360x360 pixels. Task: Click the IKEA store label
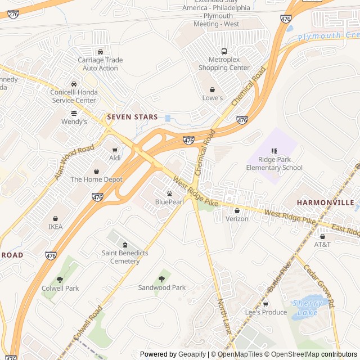[x=56, y=227]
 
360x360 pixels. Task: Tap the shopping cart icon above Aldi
[x=115, y=150]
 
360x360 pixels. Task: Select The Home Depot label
[x=96, y=179]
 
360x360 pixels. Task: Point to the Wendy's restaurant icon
[x=74, y=112]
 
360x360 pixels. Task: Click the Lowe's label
[x=213, y=98]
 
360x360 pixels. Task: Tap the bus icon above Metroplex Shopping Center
[x=224, y=52]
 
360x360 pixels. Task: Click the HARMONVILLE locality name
[x=326, y=202]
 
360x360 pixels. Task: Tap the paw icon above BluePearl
[x=169, y=193]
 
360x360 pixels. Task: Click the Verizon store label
[x=237, y=219]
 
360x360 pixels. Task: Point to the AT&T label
[x=322, y=245]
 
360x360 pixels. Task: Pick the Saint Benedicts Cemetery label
[x=125, y=257]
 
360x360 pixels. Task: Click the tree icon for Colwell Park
[x=60, y=280]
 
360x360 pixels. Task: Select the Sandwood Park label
[x=162, y=287]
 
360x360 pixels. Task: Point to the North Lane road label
[x=224, y=318]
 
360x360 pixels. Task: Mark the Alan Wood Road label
[x=74, y=162]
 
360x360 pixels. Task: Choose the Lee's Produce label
[x=265, y=312]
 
